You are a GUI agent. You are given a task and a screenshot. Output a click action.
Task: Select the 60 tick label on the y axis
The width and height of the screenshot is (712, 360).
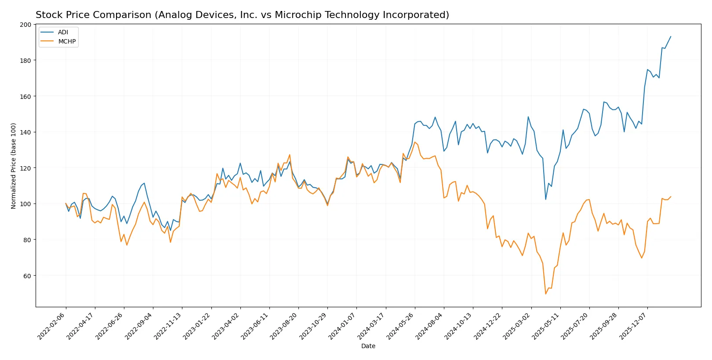click(x=27, y=276)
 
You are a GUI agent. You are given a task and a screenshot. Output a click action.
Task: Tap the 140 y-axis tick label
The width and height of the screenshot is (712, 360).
click(x=25, y=132)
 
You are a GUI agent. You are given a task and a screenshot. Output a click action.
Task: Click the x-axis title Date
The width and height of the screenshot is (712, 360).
click(x=368, y=346)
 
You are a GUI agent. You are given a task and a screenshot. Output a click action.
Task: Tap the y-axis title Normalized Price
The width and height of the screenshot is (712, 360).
click(x=14, y=166)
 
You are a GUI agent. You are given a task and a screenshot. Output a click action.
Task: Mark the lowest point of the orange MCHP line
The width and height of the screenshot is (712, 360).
click(x=546, y=294)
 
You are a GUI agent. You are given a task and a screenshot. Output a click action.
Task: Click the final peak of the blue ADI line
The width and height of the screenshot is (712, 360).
click(x=671, y=36)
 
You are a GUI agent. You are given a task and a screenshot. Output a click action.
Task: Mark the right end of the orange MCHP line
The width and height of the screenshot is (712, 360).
click(x=671, y=197)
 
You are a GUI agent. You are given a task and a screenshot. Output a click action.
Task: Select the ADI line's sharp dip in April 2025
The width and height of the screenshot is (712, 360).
click(x=546, y=200)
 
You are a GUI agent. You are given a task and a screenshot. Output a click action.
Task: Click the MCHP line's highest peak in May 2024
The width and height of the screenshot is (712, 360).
click(x=415, y=142)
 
